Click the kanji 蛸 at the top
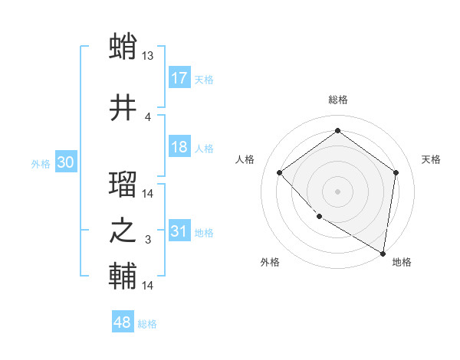point(123,47)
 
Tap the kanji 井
point(123,107)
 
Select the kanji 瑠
point(123,185)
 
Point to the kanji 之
point(123,231)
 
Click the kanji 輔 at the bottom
point(123,277)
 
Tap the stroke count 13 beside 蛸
point(149,56)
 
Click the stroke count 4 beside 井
point(148,116)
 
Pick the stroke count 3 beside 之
point(148,240)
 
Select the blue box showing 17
point(179,78)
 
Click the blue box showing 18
point(179,147)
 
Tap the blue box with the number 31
point(179,231)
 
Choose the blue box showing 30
point(66,162)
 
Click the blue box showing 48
point(123,322)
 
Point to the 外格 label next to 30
point(41,163)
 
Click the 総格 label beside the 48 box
point(147,324)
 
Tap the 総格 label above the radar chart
point(337,100)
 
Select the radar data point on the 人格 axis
point(280,173)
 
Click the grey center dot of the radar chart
point(337,191)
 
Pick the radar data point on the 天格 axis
point(396,172)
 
